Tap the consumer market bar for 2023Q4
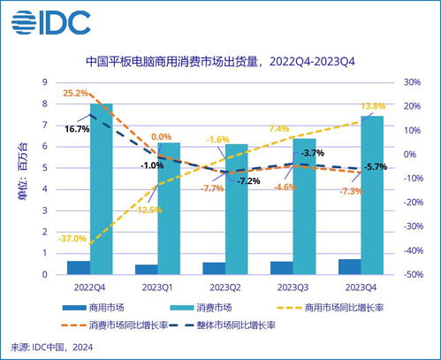[372, 195]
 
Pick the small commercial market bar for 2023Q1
[147, 270]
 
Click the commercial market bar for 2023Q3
[282, 268]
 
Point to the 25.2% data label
[75, 93]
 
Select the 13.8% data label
[373, 106]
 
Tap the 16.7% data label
[78, 129]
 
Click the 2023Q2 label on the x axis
[224, 287]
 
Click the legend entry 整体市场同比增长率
[225, 325]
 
